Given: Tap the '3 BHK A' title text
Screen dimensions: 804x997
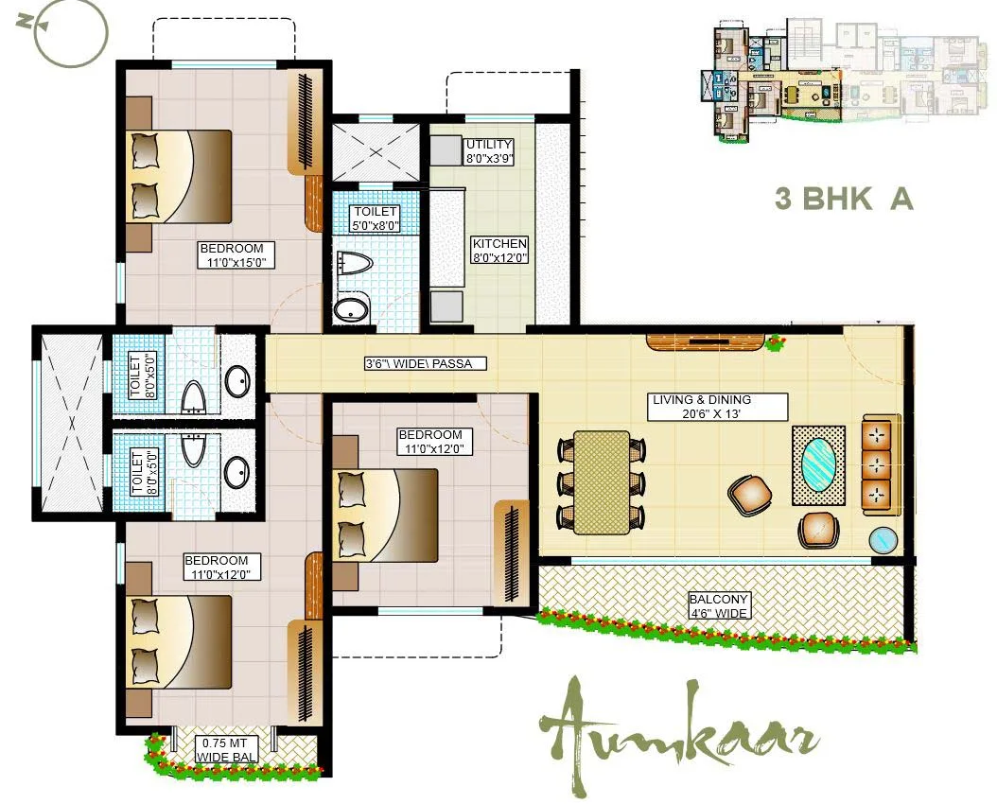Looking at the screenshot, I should tap(844, 200).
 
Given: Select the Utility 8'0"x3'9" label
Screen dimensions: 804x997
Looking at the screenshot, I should tap(488, 151).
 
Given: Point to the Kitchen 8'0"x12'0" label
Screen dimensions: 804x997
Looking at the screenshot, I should tap(499, 250).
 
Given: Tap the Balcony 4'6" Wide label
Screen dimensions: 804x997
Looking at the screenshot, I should tap(719, 606).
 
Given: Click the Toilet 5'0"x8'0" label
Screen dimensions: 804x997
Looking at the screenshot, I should tap(374, 218).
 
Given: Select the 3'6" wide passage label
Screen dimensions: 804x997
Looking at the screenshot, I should tap(425, 363).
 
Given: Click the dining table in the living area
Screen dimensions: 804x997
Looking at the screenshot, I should tap(602, 483).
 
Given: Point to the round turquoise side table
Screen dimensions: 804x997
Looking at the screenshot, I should tap(884, 539).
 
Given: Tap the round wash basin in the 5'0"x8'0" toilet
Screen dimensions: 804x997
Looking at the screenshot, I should tap(352, 309).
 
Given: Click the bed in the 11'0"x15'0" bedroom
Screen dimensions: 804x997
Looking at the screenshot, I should tap(180, 176).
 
